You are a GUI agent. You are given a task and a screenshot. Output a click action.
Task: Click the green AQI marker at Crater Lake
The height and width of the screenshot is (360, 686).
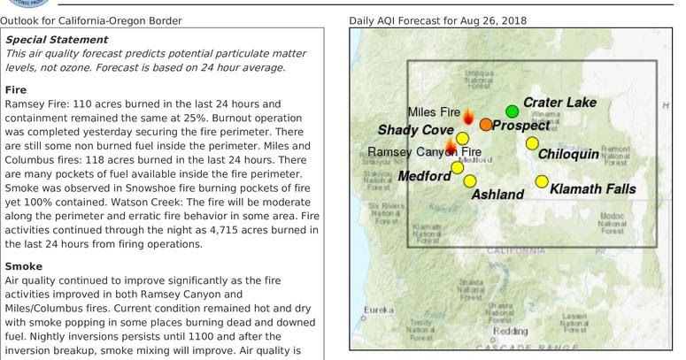[x=512, y=111]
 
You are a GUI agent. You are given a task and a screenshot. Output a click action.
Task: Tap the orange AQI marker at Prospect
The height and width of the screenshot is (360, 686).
[x=486, y=125]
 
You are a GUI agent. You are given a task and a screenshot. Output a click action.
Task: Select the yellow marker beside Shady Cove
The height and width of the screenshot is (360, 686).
[x=462, y=139]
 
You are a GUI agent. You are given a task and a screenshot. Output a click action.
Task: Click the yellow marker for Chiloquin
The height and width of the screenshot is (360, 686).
[x=532, y=143]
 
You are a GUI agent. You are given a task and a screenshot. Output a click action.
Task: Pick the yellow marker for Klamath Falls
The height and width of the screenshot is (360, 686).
[x=542, y=182]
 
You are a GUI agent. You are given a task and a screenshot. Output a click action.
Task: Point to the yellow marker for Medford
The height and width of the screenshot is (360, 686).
[x=457, y=167]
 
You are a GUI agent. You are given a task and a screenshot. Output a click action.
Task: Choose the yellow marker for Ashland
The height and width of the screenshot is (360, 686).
[x=470, y=181]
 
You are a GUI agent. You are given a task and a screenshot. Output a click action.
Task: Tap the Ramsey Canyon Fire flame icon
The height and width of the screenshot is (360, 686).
[x=451, y=145]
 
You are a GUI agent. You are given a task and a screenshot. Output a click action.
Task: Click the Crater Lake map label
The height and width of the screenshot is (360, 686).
[x=559, y=103]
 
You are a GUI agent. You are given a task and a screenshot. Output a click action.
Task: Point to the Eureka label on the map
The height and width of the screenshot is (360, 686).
[x=378, y=310]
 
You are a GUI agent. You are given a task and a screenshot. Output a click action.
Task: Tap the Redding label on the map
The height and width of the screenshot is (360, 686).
[x=511, y=331]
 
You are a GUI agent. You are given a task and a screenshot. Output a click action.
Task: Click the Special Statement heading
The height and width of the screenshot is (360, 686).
[x=57, y=40]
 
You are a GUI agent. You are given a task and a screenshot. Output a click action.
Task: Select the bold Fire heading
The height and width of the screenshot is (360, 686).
[x=15, y=90]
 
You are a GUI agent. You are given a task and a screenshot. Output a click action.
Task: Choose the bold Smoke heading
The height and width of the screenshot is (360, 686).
[x=23, y=265]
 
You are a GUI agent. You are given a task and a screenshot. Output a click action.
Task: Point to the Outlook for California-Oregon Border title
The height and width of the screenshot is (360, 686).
[x=92, y=19]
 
